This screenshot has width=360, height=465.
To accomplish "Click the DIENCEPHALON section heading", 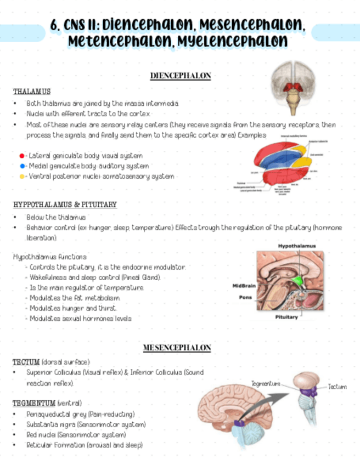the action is [x=180, y=76].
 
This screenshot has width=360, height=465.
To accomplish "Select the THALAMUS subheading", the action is [x=32, y=91].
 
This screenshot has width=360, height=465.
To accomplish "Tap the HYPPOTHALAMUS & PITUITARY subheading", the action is [x=65, y=205].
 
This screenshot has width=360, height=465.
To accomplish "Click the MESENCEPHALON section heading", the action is [x=177, y=348].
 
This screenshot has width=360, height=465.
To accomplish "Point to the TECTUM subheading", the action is [x=26, y=362].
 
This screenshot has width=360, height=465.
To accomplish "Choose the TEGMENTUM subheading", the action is [x=34, y=404].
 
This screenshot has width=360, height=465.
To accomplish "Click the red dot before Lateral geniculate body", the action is [x=21, y=156].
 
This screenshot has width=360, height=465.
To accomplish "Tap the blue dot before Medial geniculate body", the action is [x=21, y=166].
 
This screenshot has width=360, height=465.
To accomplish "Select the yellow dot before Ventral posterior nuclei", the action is [x=21, y=177].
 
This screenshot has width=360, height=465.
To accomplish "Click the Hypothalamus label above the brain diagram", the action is [x=296, y=246].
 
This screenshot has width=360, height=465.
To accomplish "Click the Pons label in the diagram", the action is [x=245, y=298].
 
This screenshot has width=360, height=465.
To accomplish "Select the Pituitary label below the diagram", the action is [x=286, y=317].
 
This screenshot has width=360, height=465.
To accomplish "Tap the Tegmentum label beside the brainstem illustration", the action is [x=266, y=383].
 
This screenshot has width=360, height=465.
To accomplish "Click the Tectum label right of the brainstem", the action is [x=337, y=387].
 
